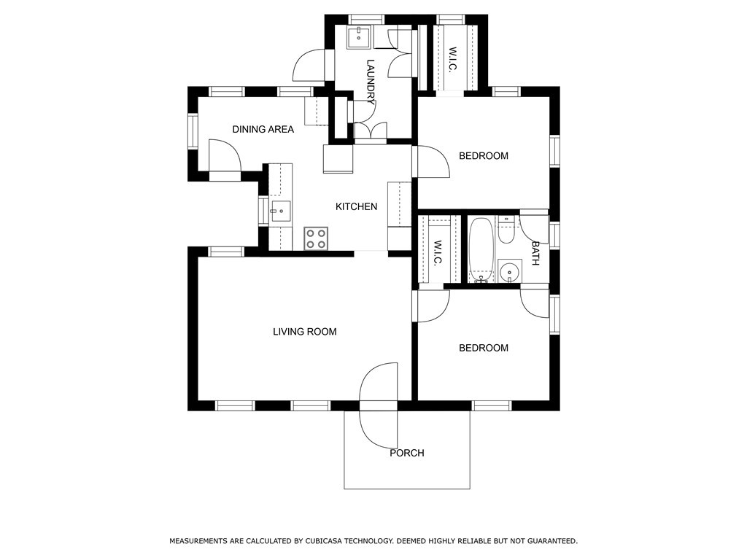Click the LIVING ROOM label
click(305, 332)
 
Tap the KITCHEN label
click(356, 206)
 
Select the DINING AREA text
click(263, 129)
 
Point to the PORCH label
click(407, 453)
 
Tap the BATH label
click(535, 253)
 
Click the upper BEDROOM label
click(484, 156)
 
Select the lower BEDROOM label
click(484, 348)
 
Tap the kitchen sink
click(281, 212)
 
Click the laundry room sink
click(359, 37)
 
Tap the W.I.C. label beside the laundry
click(452, 58)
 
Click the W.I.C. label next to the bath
click(438, 252)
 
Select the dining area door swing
click(225, 155)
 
